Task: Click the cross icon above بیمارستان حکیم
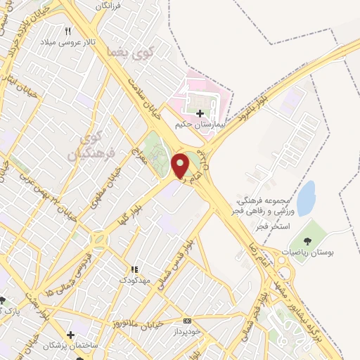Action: tap(200, 112)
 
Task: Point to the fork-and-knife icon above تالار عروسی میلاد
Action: tap(68, 32)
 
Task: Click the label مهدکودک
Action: tap(134, 280)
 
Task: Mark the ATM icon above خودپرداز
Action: tap(186, 319)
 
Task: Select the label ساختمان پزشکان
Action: tap(68, 346)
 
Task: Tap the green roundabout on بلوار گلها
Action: tap(99, 240)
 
